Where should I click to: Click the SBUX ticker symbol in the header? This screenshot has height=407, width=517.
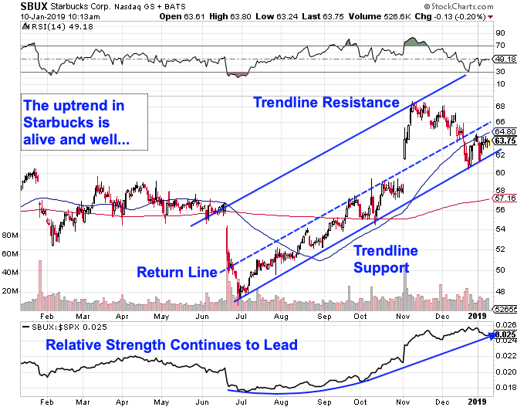[15, 6]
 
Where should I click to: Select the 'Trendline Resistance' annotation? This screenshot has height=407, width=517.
[326, 103]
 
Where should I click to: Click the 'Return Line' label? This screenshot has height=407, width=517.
[177, 271]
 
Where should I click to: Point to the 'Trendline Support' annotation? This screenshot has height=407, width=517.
[386, 259]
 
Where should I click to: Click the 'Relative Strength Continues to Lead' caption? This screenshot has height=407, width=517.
[171, 345]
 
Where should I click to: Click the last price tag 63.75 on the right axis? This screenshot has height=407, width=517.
[505, 141]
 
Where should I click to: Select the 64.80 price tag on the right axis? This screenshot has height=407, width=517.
[505, 132]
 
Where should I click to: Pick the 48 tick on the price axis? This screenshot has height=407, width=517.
[501, 291]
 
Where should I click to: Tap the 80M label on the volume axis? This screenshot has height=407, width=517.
[10, 235]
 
